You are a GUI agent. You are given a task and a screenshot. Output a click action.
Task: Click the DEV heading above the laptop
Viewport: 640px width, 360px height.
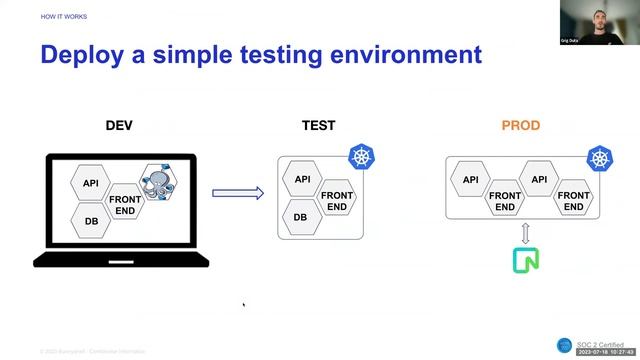(119, 126)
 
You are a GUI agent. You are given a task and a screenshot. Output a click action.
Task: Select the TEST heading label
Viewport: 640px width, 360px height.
(318, 126)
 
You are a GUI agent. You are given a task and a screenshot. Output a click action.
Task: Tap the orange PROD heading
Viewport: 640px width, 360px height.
(520, 126)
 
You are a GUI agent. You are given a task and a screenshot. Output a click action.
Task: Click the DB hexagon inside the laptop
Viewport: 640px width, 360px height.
(91, 221)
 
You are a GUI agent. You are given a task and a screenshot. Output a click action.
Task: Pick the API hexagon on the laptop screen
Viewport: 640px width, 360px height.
(91, 183)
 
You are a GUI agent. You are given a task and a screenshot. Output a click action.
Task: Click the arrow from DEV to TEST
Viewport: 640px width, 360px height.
(238, 193)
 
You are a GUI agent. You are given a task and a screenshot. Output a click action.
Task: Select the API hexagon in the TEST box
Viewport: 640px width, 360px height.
(302, 180)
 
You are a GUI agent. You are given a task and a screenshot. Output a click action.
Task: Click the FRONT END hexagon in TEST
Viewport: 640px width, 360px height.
(337, 200)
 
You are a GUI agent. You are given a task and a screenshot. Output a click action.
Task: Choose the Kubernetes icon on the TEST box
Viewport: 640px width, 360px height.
(361, 156)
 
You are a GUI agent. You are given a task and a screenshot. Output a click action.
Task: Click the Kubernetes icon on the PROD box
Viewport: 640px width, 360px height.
(599, 158)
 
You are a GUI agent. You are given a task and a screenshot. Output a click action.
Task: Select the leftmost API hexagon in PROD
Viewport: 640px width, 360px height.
(471, 181)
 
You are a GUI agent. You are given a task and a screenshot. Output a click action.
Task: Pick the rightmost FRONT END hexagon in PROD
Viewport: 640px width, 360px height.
(573, 200)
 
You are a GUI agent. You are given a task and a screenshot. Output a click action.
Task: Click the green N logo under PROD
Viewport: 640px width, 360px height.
(525, 260)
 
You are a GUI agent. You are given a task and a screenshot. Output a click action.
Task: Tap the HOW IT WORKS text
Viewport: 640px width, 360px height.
(63, 17)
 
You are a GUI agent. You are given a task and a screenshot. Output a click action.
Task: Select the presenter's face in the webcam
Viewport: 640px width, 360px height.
(598, 19)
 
